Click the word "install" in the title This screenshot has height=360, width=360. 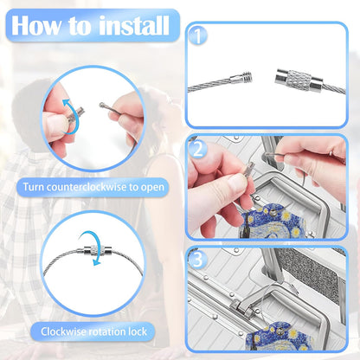click(x=133, y=26)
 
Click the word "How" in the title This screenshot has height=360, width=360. click(x=35, y=26)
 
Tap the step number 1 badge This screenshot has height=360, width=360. click(x=197, y=35)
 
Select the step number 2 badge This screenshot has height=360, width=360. click(x=197, y=149)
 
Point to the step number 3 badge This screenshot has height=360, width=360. click(x=197, y=260)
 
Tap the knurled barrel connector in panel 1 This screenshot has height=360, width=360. click(x=297, y=79)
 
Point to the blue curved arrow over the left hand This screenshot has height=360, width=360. click(x=71, y=116)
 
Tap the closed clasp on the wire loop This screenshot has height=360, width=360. click(x=93, y=251)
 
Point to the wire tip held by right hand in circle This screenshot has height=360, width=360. click(x=101, y=106)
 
